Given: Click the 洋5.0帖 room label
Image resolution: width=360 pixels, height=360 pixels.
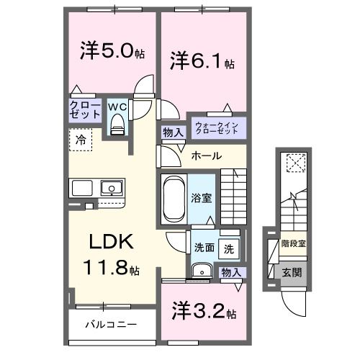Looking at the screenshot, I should click(112, 52).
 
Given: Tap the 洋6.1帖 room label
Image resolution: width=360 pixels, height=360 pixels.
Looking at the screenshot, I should click(202, 61).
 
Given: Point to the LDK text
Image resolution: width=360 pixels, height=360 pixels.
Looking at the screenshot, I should click(109, 241).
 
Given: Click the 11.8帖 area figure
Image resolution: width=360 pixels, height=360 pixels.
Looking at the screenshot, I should click(111, 269).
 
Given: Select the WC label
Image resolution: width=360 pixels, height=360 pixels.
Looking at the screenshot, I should click(117, 107).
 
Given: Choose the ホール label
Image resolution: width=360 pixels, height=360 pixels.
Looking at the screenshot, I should click(206, 156).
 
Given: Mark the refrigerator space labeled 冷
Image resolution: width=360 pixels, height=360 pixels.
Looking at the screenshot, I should click(80, 140).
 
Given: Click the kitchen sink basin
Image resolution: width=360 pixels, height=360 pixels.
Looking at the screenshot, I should click(112, 189).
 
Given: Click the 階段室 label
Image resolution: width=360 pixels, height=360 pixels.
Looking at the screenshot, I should click(292, 243).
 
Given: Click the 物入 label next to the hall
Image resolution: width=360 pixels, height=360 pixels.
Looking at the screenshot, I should click(172, 132).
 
